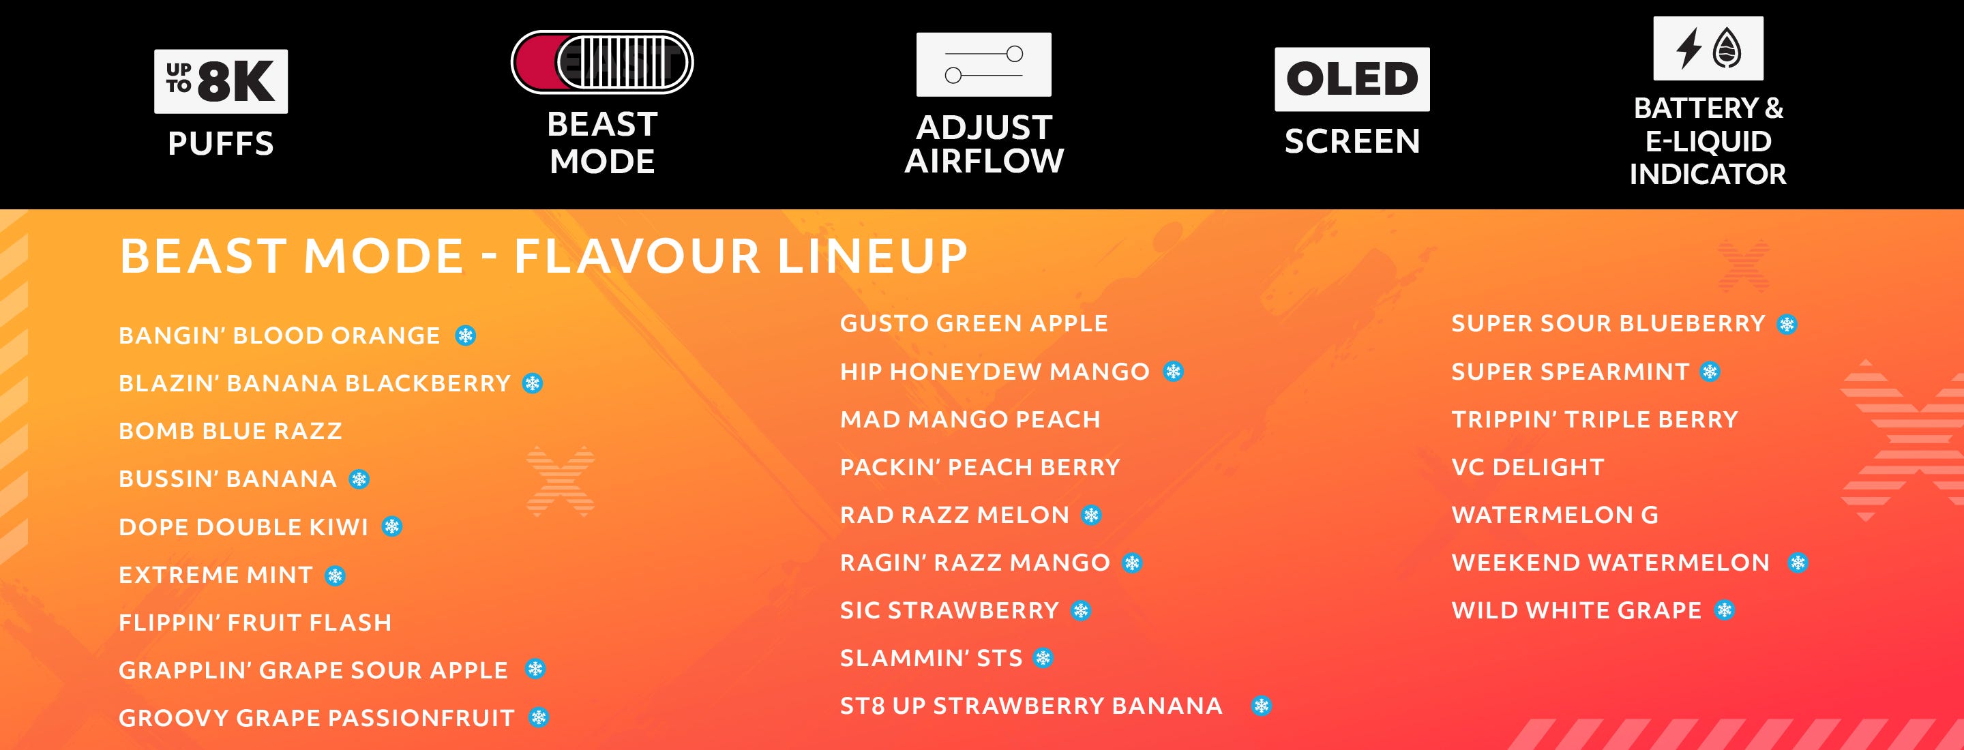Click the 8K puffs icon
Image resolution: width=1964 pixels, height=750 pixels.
click(221, 82)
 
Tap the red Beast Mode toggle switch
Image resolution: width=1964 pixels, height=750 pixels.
click(602, 62)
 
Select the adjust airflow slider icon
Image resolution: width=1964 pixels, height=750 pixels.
click(983, 64)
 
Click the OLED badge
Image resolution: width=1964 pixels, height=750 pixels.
click(1352, 79)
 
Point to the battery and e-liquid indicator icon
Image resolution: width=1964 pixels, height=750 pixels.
click(1708, 48)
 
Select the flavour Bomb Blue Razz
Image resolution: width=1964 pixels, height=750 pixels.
click(230, 431)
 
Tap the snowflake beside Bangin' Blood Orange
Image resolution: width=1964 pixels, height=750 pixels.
click(466, 335)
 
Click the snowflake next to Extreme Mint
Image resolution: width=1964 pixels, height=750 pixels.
click(336, 575)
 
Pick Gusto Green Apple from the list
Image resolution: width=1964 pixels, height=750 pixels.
click(974, 323)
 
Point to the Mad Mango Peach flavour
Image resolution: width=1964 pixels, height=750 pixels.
click(970, 419)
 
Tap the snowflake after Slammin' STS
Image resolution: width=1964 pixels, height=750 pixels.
click(1044, 658)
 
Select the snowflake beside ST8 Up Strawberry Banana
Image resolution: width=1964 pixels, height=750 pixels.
click(1262, 706)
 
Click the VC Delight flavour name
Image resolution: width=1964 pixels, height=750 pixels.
click(1528, 467)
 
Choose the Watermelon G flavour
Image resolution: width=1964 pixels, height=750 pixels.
click(1556, 515)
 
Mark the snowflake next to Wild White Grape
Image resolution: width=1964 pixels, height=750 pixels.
click(1725, 610)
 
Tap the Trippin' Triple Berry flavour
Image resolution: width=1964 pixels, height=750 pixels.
click(1595, 419)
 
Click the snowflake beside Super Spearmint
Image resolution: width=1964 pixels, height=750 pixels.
click(1711, 372)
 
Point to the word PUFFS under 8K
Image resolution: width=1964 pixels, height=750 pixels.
click(221, 143)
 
